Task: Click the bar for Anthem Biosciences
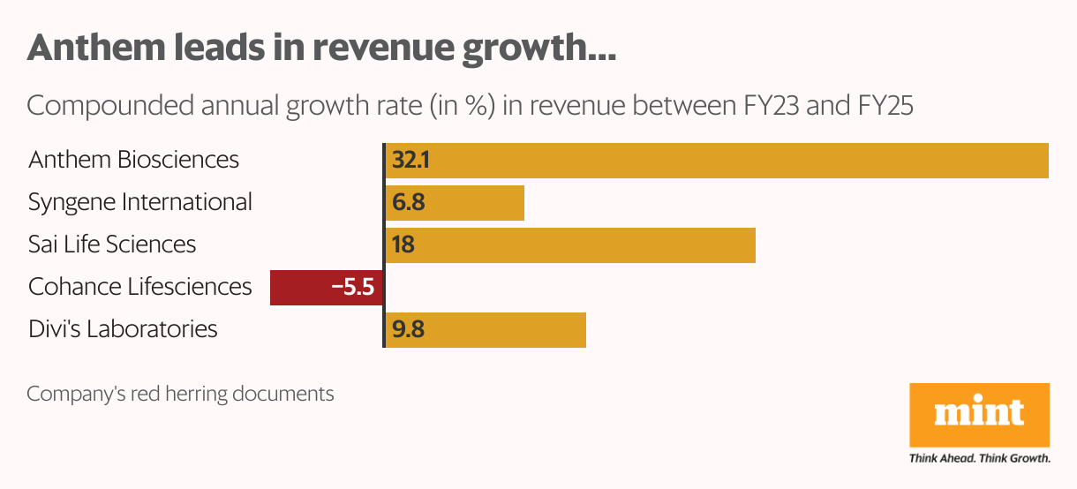pos(715,161)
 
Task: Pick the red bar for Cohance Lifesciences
pos(300,288)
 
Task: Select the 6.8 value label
pos(409,203)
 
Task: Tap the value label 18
pos(403,245)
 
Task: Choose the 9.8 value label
pos(409,330)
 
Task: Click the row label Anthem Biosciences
pos(133,160)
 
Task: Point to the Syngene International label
pos(140,202)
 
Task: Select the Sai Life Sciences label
pos(112,244)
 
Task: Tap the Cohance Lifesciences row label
pos(140,287)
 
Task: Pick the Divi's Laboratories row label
pos(123,329)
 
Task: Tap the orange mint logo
pos(979,414)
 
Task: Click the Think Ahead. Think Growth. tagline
pos(979,458)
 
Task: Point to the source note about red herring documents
pos(180,393)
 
